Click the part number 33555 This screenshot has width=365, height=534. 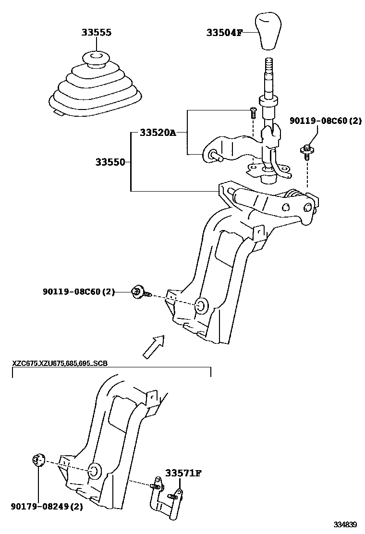point(96,33)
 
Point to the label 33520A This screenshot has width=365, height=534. point(158,133)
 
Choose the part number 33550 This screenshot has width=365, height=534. point(110,162)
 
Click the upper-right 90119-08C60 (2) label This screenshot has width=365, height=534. point(325,121)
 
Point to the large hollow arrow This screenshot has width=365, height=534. point(154,347)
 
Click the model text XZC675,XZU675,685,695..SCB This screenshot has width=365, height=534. point(60,363)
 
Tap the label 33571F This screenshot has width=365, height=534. point(183,473)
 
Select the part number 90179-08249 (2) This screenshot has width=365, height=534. point(47,506)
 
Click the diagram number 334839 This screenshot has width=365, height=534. point(346,524)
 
